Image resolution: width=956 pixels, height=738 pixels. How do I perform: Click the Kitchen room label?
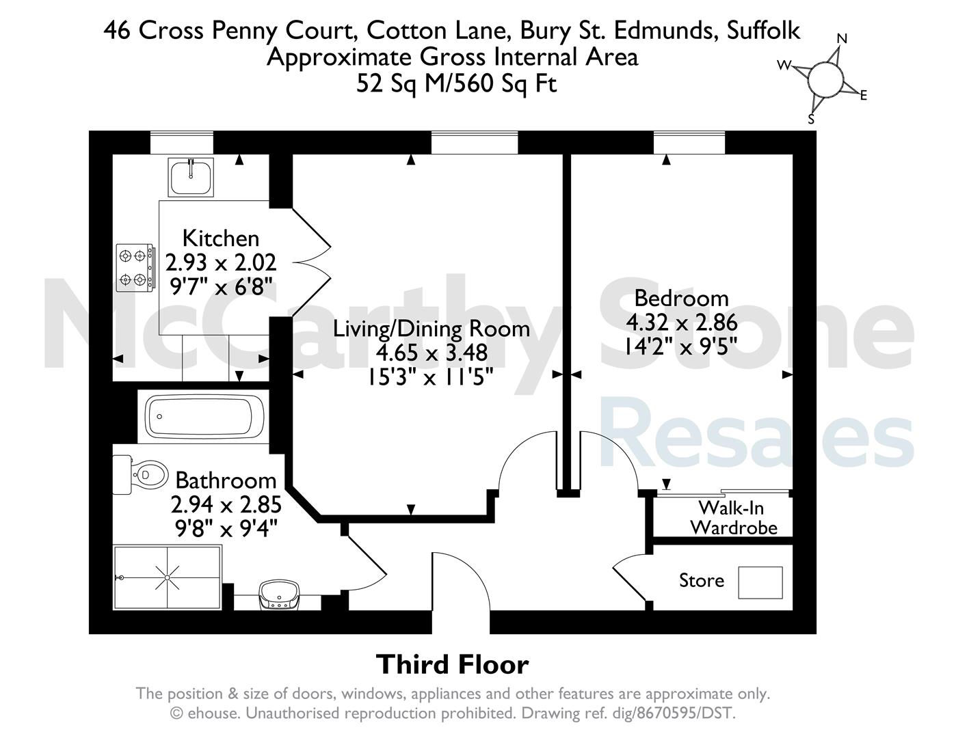tap(220, 238)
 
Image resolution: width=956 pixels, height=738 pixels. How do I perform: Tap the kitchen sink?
tap(191, 177)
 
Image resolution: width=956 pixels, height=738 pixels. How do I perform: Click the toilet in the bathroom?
tap(140, 475)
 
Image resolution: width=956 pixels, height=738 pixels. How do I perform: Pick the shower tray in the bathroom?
tap(167, 577)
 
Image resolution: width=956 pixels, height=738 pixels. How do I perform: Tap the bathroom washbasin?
tap(280, 595)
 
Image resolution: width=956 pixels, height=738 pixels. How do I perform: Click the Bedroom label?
tap(681, 299)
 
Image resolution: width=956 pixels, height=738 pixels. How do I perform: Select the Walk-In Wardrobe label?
tap(733, 518)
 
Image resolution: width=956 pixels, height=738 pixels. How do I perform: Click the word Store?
tap(702, 581)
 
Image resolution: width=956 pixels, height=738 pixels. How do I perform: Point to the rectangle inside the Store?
tap(760, 582)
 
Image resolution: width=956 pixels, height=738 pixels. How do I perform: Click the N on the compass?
tap(842, 39)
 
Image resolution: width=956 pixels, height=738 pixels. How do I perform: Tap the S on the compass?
tap(811, 119)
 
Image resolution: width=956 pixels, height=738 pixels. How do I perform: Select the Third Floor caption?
tap(452, 664)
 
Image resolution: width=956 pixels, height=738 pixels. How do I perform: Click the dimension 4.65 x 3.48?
tap(431, 353)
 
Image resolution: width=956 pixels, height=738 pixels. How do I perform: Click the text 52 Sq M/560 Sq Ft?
tap(456, 83)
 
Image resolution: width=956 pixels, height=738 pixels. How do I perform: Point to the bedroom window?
tap(689, 142)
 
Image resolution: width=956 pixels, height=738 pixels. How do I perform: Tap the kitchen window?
tap(182, 142)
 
